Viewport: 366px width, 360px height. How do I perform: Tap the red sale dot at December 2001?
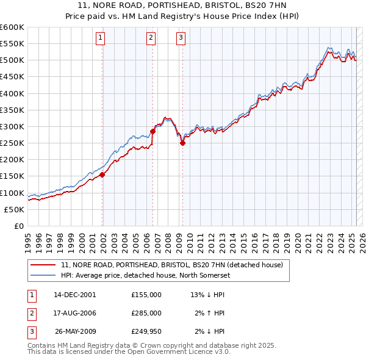click(102, 175)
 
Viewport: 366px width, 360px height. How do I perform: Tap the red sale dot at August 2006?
click(152, 131)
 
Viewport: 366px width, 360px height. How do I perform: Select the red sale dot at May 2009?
click(182, 143)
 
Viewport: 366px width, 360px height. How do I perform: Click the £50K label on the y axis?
click(15, 209)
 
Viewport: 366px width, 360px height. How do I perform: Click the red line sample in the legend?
click(44, 265)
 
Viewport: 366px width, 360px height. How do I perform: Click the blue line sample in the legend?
click(44, 275)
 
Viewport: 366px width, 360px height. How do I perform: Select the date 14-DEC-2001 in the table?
click(74, 295)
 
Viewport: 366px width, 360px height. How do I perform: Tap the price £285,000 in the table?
click(146, 313)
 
